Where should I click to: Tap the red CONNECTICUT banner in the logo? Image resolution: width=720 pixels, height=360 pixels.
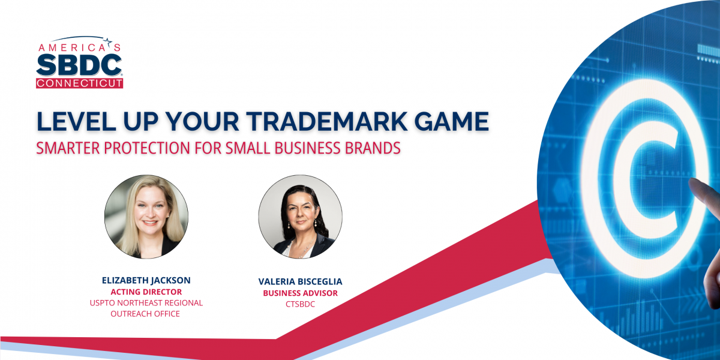(80, 83)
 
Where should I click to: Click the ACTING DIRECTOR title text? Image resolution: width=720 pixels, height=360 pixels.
(146, 292)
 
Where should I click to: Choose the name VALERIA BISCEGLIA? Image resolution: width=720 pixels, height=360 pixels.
(300, 282)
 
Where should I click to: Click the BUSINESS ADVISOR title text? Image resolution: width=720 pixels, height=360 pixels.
(300, 293)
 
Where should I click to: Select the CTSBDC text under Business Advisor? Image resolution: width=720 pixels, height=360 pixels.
(300, 304)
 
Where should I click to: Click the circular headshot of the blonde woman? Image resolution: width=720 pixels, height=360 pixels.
(146, 217)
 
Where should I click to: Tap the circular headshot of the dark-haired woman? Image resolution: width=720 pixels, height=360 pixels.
(300, 217)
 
